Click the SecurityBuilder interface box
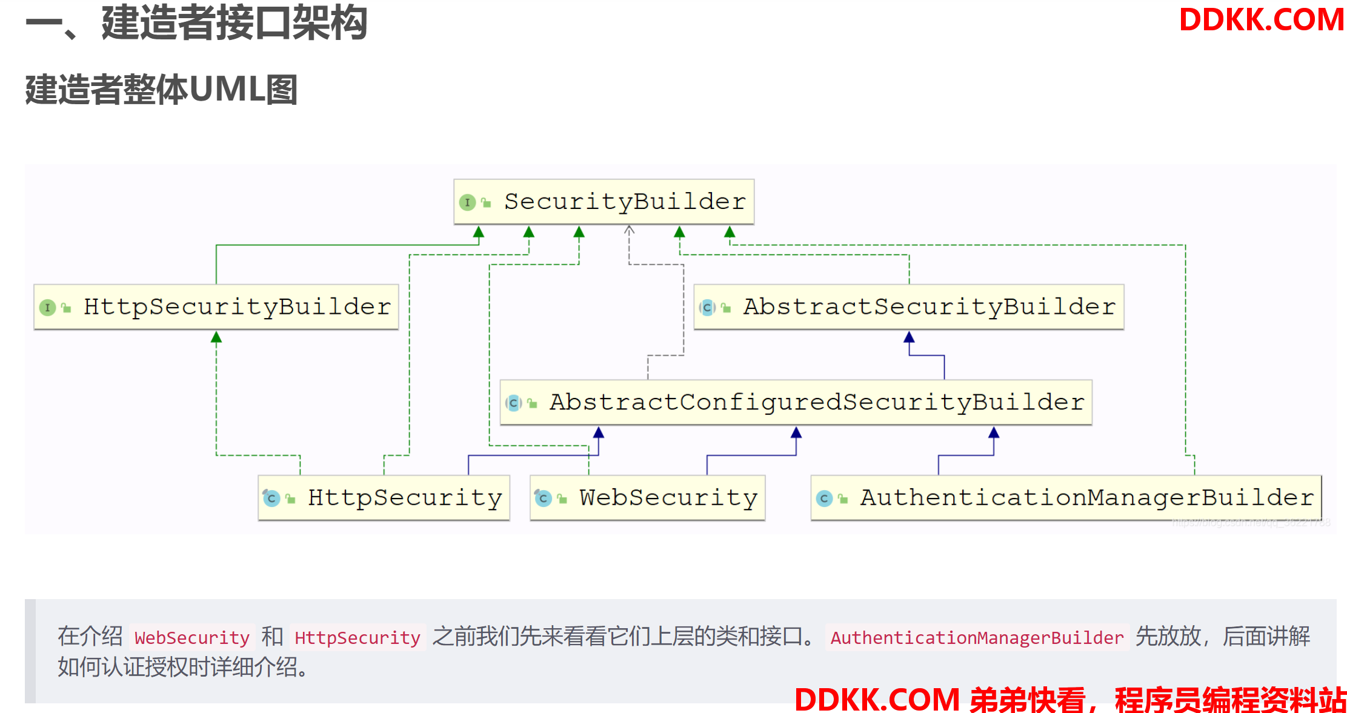(604, 202)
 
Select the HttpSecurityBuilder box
(216, 307)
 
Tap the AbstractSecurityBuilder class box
(908, 307)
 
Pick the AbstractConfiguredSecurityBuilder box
(796, 402)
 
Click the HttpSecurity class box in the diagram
(384, 498)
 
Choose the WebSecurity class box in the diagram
(647, 498)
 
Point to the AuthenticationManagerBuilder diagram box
(1066, 498)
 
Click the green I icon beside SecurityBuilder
(467, 202)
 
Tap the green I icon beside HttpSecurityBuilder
(47, 308)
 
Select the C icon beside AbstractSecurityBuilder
(707, 308)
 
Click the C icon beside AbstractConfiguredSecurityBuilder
(513, 403)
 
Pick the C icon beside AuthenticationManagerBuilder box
(824, 499)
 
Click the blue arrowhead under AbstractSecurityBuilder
(909, 337)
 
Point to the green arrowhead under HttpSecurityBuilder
(216, 337)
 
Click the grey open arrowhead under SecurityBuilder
(629, 230)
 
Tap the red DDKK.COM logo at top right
(1261, 20)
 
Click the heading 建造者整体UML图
(161, 90)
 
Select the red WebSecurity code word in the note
(191, 637)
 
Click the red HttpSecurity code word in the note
(358, 637)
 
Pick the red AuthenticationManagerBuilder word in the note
(977, 637)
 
